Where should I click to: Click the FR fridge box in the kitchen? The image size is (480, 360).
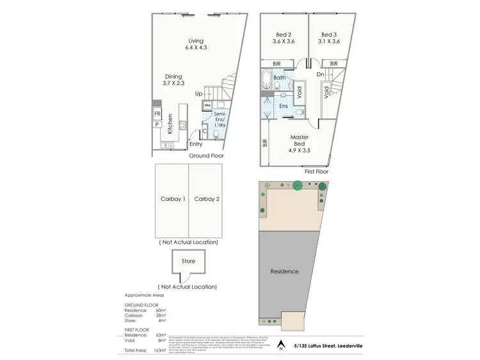tap(157, 114)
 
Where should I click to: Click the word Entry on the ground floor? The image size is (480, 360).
tap(195, 144)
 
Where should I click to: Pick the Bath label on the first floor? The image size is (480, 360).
tap(279, 78)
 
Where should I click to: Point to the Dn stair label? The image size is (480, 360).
tap(320, 74)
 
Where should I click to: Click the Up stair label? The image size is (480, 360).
tap(199, 94)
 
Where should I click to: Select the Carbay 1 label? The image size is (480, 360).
tap(172, 199)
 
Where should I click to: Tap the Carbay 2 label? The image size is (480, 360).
tap(207, 199)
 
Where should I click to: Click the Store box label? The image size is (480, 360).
tap(188, 261)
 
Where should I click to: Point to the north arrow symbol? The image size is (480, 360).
tap(280, 345)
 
